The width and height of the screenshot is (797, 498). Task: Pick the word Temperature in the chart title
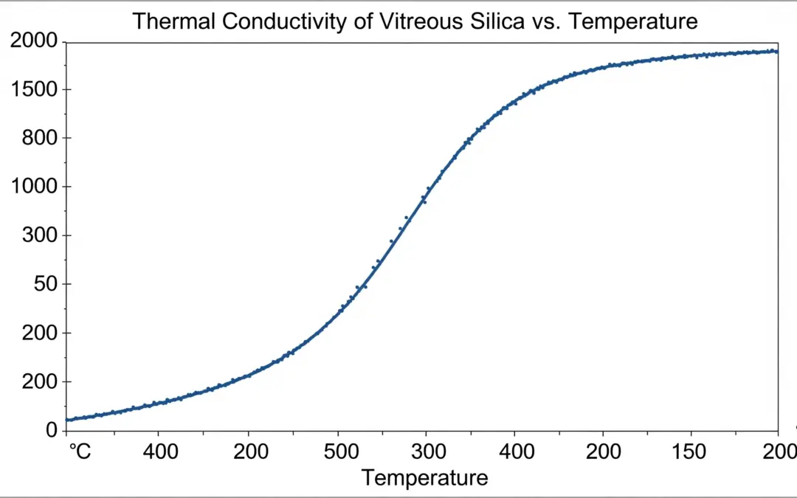click(x=635, y=21)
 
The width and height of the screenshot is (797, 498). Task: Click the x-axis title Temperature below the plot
click(x=425, y=478)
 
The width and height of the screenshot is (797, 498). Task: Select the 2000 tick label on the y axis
click(x=34, y=41)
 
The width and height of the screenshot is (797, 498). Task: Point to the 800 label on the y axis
click(x=41, y=138)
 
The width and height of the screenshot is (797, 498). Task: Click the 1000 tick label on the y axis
click(x=34, y=187)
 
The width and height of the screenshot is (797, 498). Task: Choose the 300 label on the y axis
click(x=41, y=235)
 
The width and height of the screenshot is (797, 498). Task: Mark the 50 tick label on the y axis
click(x=46, y=284)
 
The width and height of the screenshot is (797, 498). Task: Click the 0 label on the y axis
click(x=52, y=429)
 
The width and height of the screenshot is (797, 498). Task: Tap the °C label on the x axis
click(x=79, y=451)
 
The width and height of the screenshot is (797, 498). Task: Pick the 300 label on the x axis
click(x=426, y=451)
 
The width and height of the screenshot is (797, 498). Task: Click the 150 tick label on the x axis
click(x=691, y=451)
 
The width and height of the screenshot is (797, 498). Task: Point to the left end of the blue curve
click(x=67, y=420)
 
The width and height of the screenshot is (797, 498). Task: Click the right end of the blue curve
click(x=777, y=52)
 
